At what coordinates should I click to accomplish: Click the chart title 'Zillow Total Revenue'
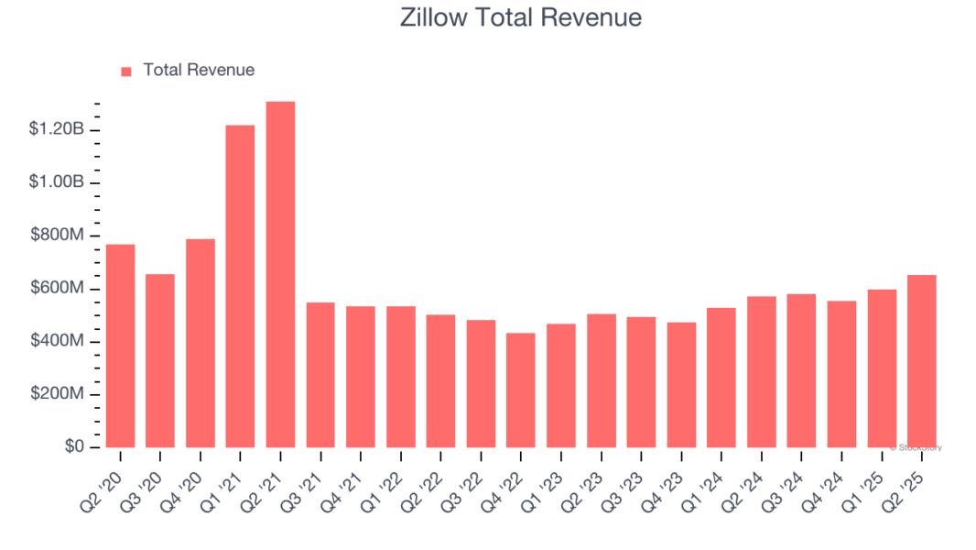[521, 17]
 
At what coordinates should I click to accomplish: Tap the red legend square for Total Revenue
[126, 71]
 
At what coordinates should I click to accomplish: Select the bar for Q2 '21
[280, 274]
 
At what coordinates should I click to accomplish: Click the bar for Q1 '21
[240, 286]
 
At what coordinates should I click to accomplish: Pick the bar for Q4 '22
[521, 390]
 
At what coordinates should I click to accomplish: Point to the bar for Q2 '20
[120, 346]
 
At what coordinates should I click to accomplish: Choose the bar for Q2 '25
[922, 361]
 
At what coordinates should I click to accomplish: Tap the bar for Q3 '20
[160, 360]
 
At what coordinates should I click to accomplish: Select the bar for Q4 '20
[201, 343]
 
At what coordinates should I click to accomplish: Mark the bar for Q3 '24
[801, 370]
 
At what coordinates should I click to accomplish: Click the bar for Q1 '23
[561, 385]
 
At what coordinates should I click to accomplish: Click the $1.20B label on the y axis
[57, 129]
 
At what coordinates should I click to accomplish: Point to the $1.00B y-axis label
[57, 182]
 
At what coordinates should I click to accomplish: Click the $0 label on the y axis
[73, 446]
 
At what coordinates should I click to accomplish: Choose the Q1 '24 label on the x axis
[707, 482]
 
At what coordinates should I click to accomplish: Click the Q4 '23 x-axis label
[667, 482]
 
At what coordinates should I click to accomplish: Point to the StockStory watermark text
[916, 447]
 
